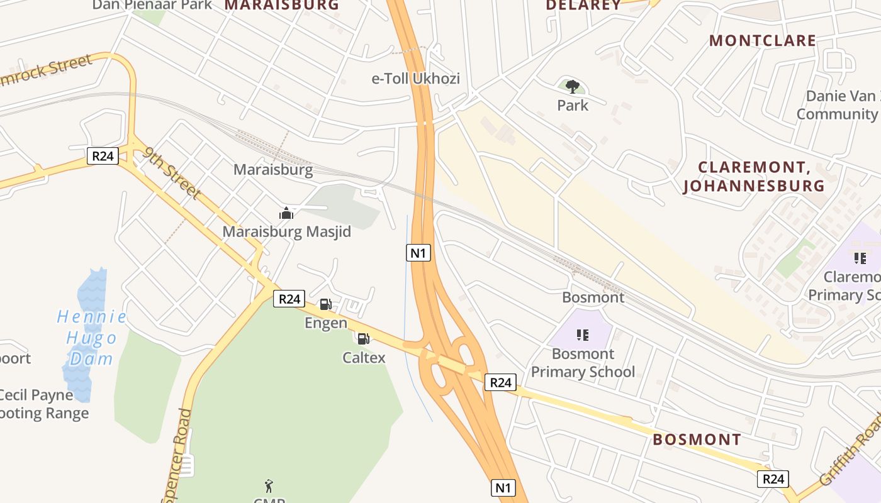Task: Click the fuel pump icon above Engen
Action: [x=325, y=305]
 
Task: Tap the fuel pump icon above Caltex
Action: [x=363, y=339]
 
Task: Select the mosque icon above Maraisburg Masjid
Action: [x=286, y=213]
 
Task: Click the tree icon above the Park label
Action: [x=572, y=86]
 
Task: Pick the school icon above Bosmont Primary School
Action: [x=583, y=335]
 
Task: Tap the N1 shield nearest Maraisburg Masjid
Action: [x=418, y=253]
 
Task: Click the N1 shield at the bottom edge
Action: [x=502, y=487]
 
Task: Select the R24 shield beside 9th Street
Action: [x=103, y=156]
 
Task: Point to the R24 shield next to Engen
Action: [x=289, y=299]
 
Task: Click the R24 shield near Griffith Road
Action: [x=773, y=479]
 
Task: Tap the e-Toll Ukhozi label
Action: [x=416, y=79]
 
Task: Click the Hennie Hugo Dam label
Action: [x=92, y=337]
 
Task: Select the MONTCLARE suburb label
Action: [x=763, y=41]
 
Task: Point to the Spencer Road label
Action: [x=177, y=456]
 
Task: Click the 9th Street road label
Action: [x=172, y=172]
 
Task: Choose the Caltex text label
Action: [x=364, y=358]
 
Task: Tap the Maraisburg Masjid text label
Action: [x=286, y=232]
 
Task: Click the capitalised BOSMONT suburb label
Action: [x=697, y=439]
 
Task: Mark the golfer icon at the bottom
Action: [x=269, y=486]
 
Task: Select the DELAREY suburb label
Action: [x=583, y=5]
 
